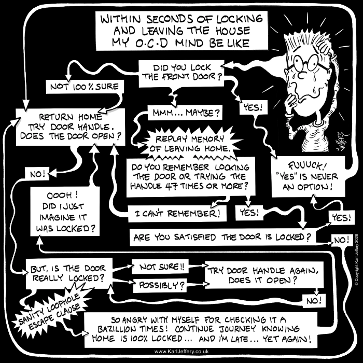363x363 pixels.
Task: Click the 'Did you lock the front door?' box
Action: click(181, 74)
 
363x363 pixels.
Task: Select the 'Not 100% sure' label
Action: click(85, 87)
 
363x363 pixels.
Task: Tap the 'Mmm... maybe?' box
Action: click(185, 113)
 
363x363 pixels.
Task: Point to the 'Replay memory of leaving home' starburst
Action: click(189, 144)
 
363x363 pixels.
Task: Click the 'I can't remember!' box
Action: click(177, 214)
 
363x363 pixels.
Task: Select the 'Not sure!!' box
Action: click(160, 267)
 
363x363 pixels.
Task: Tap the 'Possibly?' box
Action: click(160, 286)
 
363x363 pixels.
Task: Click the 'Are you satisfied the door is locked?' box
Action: click(222, 238)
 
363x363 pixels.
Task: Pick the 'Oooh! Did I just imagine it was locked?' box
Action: click(65, 212)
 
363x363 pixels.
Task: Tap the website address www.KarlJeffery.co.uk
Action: click(181, 352)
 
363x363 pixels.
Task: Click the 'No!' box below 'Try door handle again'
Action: click(314, 301)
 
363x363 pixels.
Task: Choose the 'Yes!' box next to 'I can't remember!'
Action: click(249, 212)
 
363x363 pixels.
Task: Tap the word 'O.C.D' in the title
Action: click(151, 44)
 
